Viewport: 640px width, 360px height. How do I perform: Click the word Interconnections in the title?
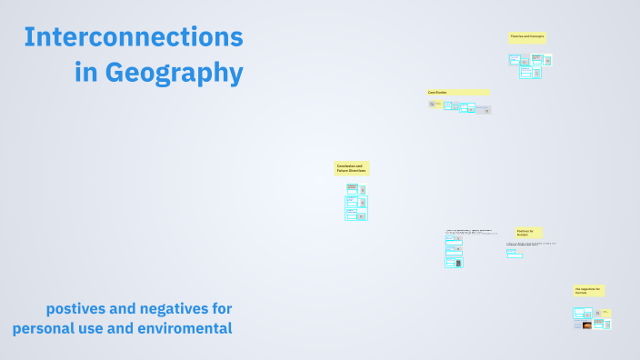[134, 37]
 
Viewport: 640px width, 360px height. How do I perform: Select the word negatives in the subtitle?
[171, 307]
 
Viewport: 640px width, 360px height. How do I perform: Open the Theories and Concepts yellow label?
[527, 37]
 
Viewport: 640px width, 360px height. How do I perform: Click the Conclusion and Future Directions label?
[352, 168]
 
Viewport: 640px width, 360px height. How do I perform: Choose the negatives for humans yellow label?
[589, 291]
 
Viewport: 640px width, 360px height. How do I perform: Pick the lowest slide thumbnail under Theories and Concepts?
[530, 73]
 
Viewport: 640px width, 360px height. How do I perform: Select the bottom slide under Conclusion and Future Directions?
[355, 215]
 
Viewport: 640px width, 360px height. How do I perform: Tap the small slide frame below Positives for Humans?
[515, 255]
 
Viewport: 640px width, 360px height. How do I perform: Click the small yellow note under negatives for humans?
[606, 313]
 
